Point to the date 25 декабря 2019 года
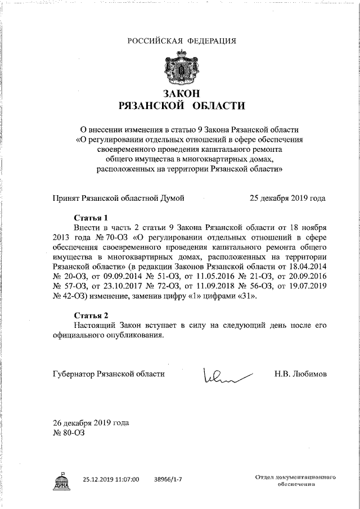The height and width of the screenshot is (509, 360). click(x=287, y=198)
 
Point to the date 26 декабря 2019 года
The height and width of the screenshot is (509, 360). click(x=83, y=423)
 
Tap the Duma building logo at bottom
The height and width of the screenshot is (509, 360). click(x=61, y=480)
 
